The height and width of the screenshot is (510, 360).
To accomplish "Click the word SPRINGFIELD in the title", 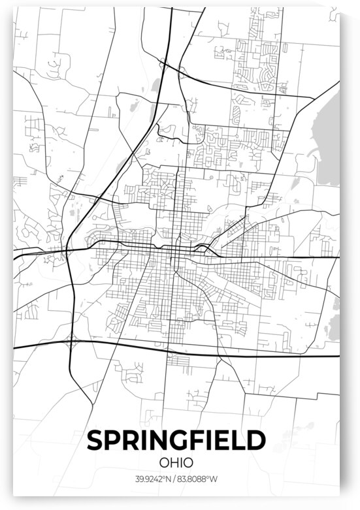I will point(176,441).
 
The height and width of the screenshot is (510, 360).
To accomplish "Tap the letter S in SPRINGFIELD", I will point(95,441).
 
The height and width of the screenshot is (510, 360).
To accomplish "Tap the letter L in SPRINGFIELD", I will point(240,441).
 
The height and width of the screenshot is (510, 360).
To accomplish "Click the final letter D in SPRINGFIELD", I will point(257,441).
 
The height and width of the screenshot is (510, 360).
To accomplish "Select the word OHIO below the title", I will point(176,462).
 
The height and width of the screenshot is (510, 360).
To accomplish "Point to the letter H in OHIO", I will point(172,462).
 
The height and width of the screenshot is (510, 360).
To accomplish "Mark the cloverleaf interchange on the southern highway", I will point(71,340).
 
